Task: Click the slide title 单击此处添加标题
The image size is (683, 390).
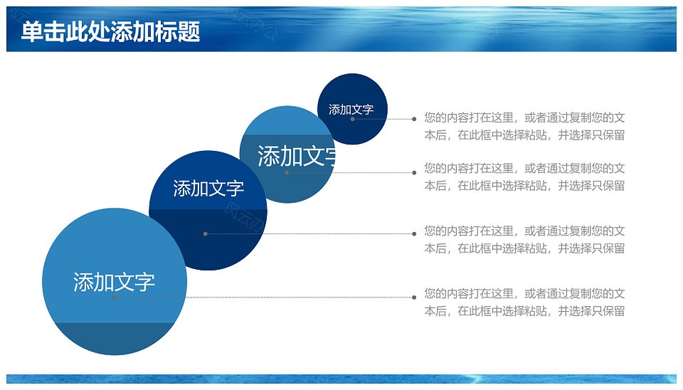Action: (x=111, y=32)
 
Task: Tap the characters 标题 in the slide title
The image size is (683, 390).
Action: (x=178, y=32)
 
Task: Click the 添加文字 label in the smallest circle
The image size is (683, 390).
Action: (x=351, y=110)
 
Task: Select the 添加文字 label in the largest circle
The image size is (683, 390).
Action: (x=114, y=282)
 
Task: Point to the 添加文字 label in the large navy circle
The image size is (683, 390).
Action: (x=208, y=189)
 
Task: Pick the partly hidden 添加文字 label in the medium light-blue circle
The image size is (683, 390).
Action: (x=297, y=156)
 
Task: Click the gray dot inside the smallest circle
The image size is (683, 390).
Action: (x=352, y=119)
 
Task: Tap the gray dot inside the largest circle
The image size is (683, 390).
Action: (x=115, y=297)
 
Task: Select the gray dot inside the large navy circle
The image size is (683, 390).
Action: (x=205, y=234)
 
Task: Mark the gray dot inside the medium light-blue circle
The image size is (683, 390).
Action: (x=287, y=172)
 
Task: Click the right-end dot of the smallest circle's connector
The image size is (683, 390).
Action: (x=414, y=119)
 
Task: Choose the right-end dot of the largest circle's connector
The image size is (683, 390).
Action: (x=414, y=297)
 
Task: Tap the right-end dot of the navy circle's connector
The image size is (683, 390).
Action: (x=414, y=234)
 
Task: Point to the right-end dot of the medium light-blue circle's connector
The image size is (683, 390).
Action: (x=414, y=172)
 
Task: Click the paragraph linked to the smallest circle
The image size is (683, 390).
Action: (x=524, y=127)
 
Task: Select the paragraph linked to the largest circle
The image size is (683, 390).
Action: (x=524, y=302)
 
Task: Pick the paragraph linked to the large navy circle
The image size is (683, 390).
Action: (x=524, y=240)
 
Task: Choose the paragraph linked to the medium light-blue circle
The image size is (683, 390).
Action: (x=524, y=177)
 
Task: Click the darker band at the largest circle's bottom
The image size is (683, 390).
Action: (x=115, y=338)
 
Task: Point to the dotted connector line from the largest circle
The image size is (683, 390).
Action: (x=265, y=297)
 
